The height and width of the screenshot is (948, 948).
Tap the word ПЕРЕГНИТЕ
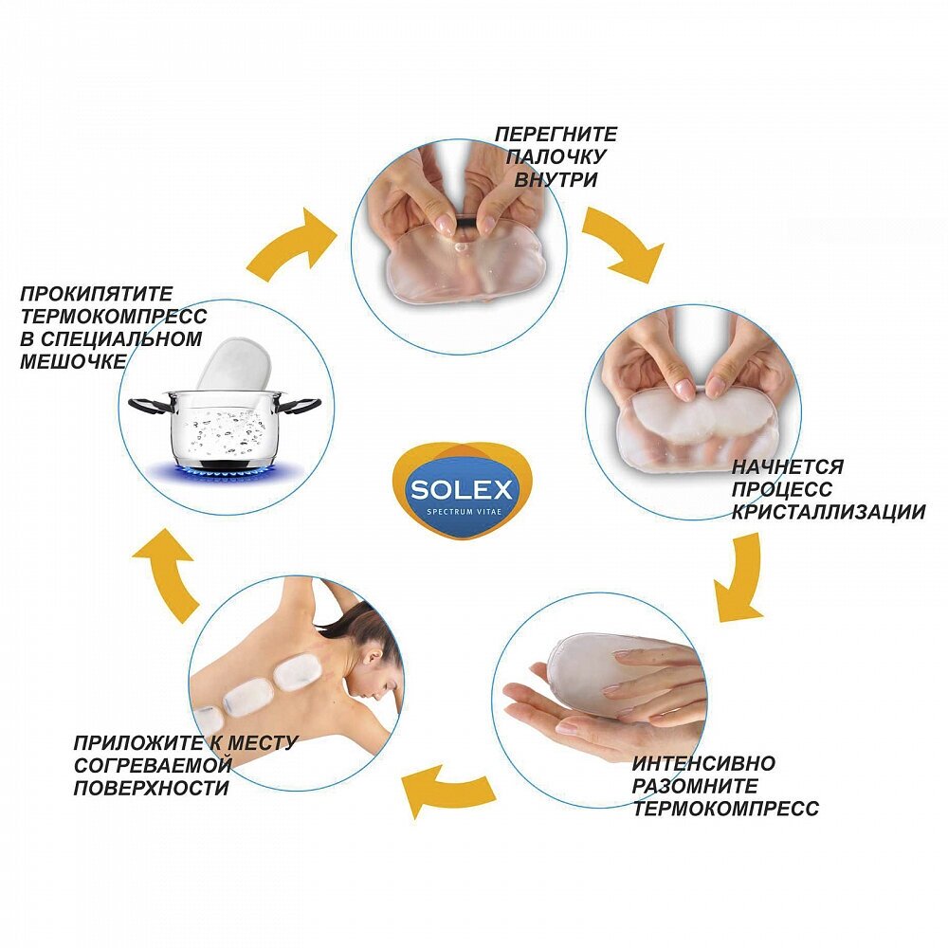[556, 135]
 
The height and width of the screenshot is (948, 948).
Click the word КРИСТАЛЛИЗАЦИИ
[828, 512]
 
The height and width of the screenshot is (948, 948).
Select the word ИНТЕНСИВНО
[703, 763]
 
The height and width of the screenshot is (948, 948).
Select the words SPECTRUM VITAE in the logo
[462, 513]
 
